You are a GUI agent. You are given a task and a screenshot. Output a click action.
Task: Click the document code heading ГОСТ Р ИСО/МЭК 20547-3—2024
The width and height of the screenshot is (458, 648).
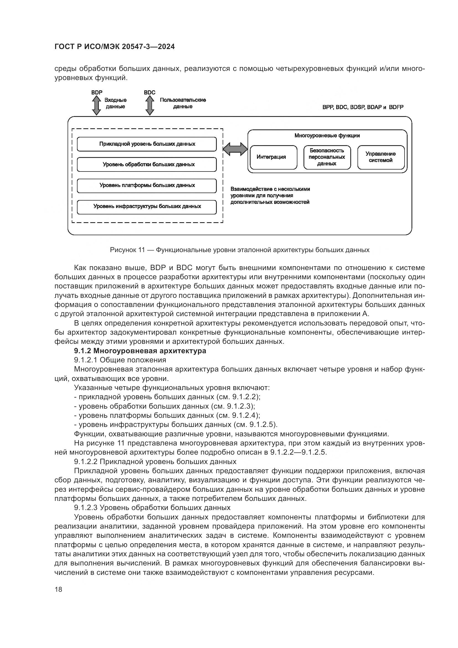point(115,47)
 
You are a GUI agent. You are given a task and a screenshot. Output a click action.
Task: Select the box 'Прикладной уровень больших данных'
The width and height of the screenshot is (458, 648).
point(147,144)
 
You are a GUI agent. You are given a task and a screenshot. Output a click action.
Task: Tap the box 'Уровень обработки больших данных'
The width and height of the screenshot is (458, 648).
point(147,165)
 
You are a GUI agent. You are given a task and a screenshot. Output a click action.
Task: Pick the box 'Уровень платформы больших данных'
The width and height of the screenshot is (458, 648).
point(147,185)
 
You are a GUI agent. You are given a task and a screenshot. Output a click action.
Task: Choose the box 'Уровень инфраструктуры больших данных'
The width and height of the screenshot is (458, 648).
point(147,207)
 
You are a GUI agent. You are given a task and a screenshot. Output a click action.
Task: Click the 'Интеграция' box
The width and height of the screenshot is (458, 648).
point(273,157)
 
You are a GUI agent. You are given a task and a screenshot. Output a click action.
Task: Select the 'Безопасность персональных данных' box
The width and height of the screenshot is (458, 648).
point(327,157)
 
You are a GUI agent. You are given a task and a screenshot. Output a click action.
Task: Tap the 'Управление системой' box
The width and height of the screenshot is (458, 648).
point(380,157)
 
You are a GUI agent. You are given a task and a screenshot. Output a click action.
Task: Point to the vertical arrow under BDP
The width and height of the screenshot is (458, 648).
point(96,105)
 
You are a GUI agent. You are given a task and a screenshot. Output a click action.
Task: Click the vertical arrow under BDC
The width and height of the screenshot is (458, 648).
point(150,105)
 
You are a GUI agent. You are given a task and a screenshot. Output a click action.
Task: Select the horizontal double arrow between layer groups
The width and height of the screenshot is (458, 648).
point(235,149)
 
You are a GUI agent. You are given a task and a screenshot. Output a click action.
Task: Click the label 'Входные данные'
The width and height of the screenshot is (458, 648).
point(116,103)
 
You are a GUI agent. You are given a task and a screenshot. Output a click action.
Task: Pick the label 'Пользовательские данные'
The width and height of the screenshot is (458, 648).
point(183,103)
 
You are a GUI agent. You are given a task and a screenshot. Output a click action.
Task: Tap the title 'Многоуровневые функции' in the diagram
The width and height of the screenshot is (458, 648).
point(327,136)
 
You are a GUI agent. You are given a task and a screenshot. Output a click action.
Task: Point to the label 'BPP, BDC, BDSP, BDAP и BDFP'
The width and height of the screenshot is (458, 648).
point(363,107)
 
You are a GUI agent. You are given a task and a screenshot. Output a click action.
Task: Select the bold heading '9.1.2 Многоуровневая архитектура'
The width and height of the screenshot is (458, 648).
point(140,351)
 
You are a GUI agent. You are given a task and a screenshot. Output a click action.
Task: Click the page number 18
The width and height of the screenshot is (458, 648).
point(58,589)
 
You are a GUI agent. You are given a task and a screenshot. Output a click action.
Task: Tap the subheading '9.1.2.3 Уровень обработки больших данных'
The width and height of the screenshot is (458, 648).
point(152,508)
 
